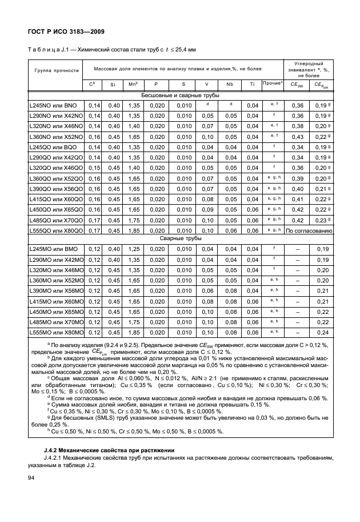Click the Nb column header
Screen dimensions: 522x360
pos(230,85)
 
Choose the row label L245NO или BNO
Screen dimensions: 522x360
pos(53,106)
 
